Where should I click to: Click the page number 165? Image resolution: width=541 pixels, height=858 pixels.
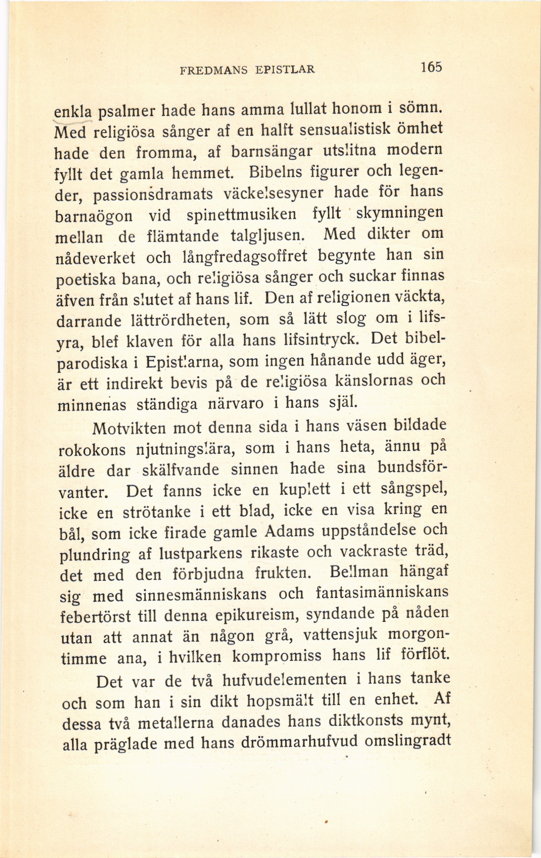pyautogui.click(x=431, y=67)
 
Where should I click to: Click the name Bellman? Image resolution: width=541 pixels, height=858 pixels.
pyautogui.click(x=359, y=573)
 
